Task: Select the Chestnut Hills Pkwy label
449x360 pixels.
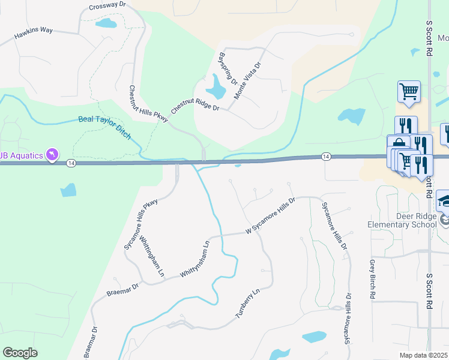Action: point(148,104)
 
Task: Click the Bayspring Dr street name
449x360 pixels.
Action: point(228,68)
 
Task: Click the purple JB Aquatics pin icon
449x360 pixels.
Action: point(53,155)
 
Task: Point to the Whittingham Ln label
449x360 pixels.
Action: point(152,256)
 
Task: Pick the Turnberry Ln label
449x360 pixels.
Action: point(247,305)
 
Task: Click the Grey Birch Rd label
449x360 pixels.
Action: point(372,280)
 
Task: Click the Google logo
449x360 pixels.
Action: point(20,353)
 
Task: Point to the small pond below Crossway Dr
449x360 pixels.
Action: point(106,23)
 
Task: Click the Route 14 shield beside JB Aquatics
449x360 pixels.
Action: point(71,163)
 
